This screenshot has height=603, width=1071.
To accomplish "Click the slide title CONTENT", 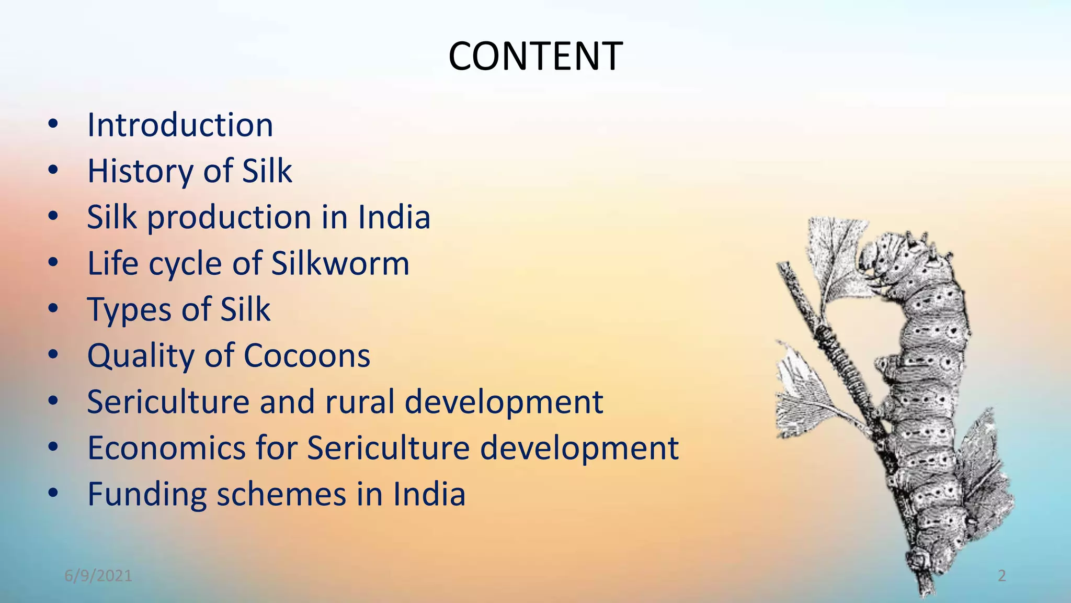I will pos(535,56).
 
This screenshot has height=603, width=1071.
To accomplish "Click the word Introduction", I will pos(180,125).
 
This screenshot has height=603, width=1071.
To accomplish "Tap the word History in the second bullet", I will pos(140,171).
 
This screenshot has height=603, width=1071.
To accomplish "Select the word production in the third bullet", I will pos(229,218).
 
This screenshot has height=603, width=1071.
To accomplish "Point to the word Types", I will pos(129,310).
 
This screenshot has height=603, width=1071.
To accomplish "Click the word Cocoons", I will pos(307,356).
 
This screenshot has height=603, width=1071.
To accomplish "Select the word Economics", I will pos(166,448).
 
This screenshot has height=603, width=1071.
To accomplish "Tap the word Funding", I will pos(147,494).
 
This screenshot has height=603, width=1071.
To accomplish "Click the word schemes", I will pos(281,494).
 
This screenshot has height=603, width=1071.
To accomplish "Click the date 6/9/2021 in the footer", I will pos(98,576).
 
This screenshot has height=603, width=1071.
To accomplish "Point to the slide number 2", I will pos(1001,576).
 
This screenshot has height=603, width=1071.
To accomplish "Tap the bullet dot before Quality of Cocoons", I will pos(53,355).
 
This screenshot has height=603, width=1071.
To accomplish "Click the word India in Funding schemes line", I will pos(429,494).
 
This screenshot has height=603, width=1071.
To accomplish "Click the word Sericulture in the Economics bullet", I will pos(389,448).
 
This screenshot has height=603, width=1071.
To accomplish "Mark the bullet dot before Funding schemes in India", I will pos(53,493).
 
